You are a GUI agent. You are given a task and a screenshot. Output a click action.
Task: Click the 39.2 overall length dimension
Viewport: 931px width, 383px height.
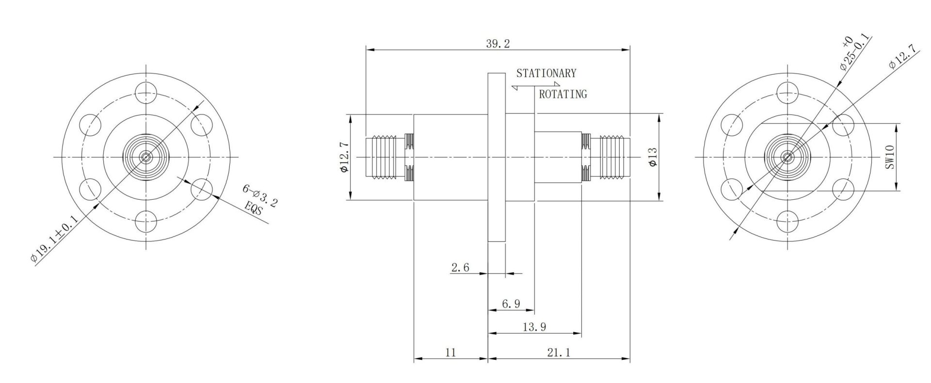[498, 44]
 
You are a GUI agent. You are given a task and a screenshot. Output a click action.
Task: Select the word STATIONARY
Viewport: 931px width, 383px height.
[546, 74]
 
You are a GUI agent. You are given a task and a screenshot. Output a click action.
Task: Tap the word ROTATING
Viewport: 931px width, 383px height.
[563, 95]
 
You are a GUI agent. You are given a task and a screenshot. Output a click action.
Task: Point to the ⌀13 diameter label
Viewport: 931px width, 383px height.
[653, 157]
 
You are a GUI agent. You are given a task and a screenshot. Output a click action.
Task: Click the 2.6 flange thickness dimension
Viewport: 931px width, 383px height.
[460, 267]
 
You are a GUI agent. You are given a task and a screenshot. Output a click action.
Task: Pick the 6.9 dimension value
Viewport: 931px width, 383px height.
[511, 304]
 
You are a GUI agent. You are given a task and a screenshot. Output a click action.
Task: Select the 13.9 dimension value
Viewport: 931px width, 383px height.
[534, 327]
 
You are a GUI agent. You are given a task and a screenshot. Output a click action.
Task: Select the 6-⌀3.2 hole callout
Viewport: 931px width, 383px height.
[261, 195]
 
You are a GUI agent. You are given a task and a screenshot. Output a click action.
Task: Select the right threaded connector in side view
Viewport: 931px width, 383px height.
[606, 157]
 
